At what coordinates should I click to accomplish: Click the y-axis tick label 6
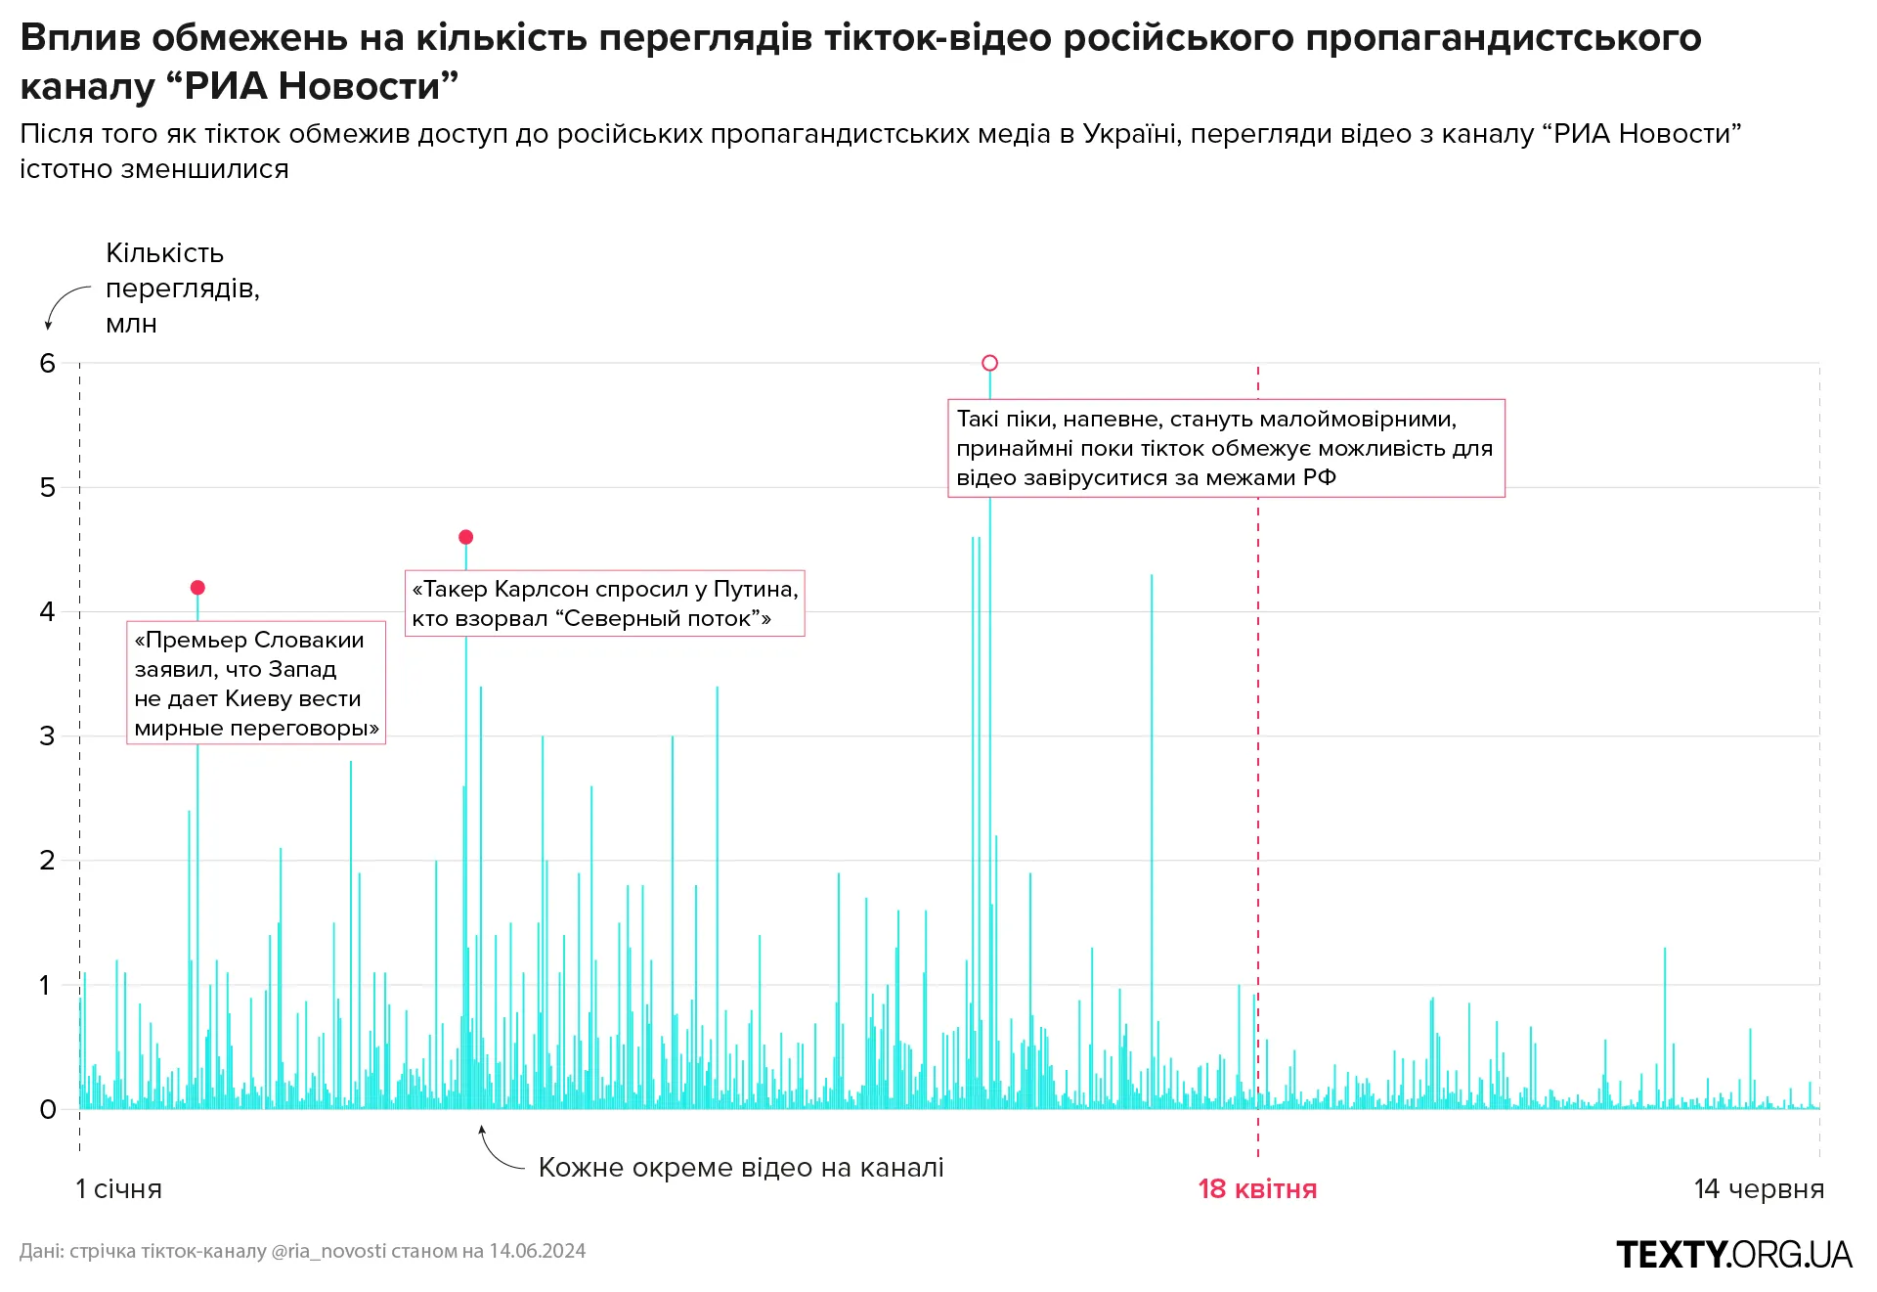[x=47, y=364]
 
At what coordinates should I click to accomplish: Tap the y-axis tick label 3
[x=47, y=736]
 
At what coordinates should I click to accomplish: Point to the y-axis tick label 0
[x=47, y=1109]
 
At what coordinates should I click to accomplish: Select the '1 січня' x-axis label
[x=119, y=1189]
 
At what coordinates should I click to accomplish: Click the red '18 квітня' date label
[x=1257, y=1189]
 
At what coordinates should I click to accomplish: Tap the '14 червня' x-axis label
[x=1759, y=1189]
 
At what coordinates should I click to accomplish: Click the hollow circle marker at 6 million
[x=989, y=363]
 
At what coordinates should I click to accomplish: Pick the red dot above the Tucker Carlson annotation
[x=466, y=537]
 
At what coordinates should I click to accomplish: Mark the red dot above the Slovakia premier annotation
[x=197, y=588]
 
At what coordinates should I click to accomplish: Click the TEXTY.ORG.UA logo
[x=1734, y=1255]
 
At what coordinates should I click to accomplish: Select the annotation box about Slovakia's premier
[x=256, y=684]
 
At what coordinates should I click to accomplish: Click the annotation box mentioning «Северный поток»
[x=604, y=603]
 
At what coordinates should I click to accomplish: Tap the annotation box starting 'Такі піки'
[x=1226, y=448]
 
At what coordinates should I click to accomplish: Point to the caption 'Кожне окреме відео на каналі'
[x=741, y=1168]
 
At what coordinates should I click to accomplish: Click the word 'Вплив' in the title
[x=80, y=37]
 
